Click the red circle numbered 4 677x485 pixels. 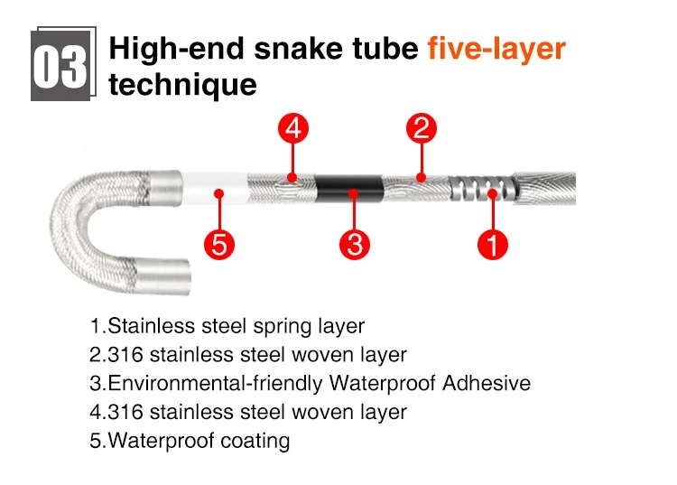[292, 129]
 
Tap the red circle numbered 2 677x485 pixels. [421, 129]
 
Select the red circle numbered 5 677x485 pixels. [218, 244]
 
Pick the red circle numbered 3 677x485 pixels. [354, 244]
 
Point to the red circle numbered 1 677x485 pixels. [493, 244]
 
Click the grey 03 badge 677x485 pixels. [60, 66]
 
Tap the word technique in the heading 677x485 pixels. [182, 85]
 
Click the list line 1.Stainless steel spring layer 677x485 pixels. [227, 326]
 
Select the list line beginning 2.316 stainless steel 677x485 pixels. [247, 355]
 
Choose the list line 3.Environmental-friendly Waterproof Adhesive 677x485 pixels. [310, 383]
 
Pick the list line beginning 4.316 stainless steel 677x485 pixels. [247, 412]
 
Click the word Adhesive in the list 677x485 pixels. [486, 383]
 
